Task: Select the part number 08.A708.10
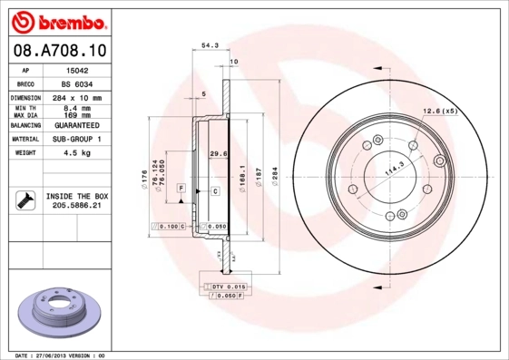tap(59, 51)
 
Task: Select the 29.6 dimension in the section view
tap(217, 154)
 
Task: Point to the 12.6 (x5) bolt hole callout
tap(439, 112)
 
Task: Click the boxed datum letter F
tap(181, 187)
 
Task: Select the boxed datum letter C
tap(215, 191)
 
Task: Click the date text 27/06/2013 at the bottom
tap(64, 355)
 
